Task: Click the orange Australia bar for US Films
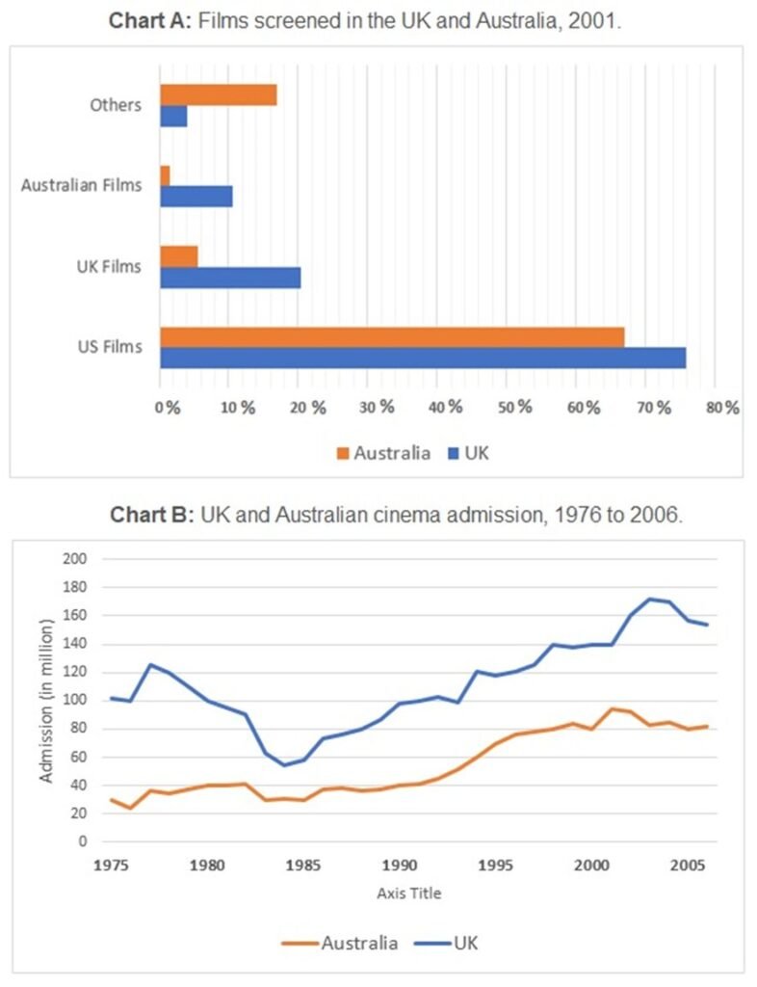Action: click(x=392, y=337)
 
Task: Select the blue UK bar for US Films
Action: click(x=423, y=358)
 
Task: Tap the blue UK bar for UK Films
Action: click(x=230, y=278)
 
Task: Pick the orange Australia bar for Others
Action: click(x=219, y=94)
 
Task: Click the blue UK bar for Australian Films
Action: click(x=196, y=197)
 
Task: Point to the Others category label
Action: click(x=116, y=105)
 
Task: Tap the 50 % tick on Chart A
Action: click(x=511, y=407)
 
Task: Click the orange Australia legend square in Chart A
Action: click(x=342, y=452)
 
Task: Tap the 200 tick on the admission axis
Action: click(x=75, y=559)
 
